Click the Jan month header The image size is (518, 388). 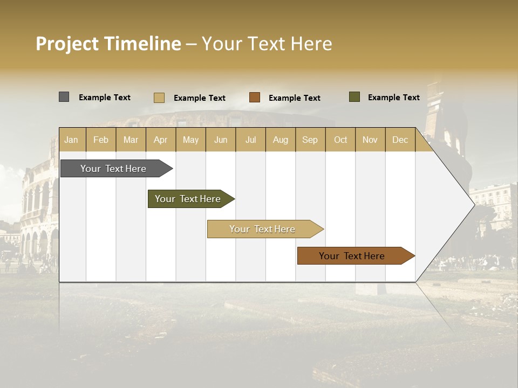(x=71, y=140)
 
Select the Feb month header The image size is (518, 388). (x=101, y=140)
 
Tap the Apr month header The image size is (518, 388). (x=161, y=140)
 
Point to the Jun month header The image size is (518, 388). (x=221, y=140)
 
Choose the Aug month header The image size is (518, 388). (x=281, y=140)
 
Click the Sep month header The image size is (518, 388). (x=310, y=140)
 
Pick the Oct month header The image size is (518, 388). (x=340, y=140)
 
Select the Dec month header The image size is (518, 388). (x=400, y=140)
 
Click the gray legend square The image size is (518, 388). (x=64, y=97)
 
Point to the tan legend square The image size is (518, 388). (x=159, y=98)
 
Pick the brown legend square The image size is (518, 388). (x=255, y=98)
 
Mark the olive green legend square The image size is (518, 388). (x=354, y=97)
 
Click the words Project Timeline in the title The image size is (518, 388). (x=108, y=44)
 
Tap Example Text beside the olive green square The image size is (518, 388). (x=394, y=98)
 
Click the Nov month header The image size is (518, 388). (x=370, y=140)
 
